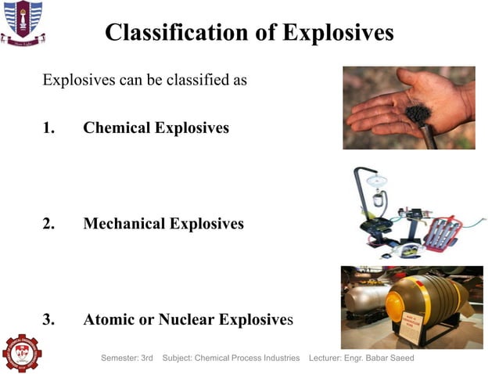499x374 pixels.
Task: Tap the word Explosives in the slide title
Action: tap(337, 32)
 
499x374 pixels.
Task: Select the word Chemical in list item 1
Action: tap(116, 128)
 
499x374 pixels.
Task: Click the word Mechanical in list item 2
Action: tap(124, 224)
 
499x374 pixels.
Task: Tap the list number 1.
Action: tap(48, 128)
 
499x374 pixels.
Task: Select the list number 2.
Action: tap(48, 224)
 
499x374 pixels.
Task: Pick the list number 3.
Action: tap(48, 319)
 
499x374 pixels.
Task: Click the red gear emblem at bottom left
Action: tap(21, 353)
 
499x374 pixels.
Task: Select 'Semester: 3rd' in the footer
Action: tap(127, 358)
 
